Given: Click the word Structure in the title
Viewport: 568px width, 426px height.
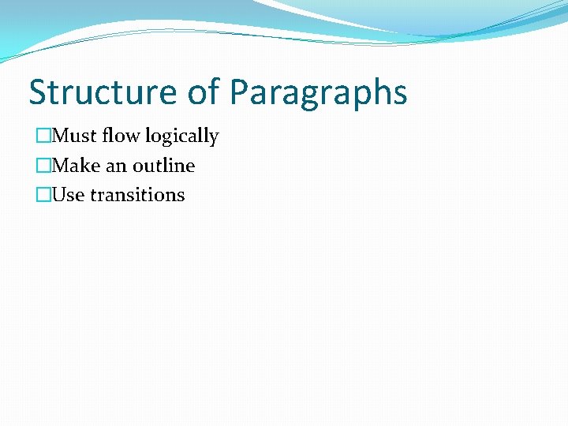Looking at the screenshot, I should [x=103, y=92].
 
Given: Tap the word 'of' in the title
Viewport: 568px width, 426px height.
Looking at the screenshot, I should [x=204, y=92].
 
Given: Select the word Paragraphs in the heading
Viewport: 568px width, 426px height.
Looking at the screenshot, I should [x=319, y=92].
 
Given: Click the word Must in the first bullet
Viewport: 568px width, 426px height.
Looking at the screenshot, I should [x=75, y=136].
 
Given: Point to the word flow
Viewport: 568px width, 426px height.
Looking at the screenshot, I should [x=121, y=136].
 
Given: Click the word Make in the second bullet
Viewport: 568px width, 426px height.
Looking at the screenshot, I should [x=75, y=166].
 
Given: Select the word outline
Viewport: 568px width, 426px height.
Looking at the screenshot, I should [x=163, y=166].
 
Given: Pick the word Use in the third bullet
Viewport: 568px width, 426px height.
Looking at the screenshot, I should [x=69, y=195].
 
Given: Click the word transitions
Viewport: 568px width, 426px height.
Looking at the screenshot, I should [x=137, y=195].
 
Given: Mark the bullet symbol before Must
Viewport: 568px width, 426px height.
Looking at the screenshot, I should [x=43, y=136].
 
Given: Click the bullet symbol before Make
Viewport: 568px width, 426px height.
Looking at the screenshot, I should [x=43, y=166].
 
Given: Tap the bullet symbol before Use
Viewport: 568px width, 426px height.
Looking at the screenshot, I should [x=43, y=195].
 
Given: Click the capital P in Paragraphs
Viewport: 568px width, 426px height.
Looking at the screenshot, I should [x=240, y=92].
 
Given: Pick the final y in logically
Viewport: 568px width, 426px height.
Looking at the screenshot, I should [x=214, y=139].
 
